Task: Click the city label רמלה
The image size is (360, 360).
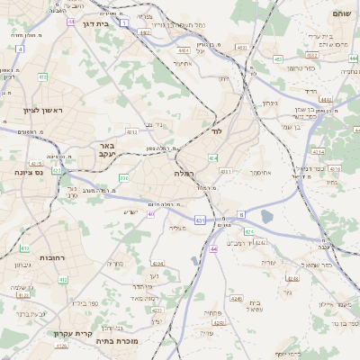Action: point(186,171)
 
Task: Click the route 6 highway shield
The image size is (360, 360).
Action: point(240,214)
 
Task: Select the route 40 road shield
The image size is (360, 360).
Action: point(151,214)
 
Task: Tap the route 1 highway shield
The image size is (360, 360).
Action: point(123,19)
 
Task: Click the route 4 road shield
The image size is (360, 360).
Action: point(19,49)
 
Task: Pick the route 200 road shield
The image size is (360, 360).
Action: point(123,178)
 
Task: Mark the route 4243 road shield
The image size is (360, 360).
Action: point(237,297)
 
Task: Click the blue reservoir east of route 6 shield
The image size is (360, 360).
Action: point(267,216)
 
